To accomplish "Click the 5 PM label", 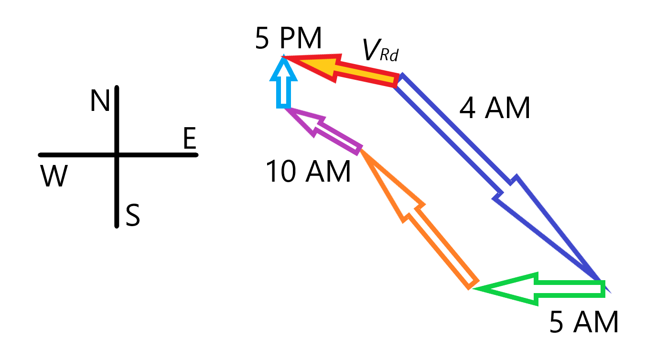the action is [289, 38].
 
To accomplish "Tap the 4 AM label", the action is [495, 108].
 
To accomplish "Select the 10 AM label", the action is [308, 171].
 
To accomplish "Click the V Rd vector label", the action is [380, 50].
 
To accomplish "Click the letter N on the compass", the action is [100, 100].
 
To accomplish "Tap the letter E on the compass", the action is [190, 138].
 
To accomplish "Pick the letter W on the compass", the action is [54, 175].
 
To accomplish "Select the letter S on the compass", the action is [133, 215].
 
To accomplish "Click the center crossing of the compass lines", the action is [117, 155].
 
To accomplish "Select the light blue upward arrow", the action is [283, 82].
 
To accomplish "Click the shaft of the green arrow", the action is [570, 289].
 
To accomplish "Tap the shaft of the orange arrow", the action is [442, 248].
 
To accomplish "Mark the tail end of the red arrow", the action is [397, 80].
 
